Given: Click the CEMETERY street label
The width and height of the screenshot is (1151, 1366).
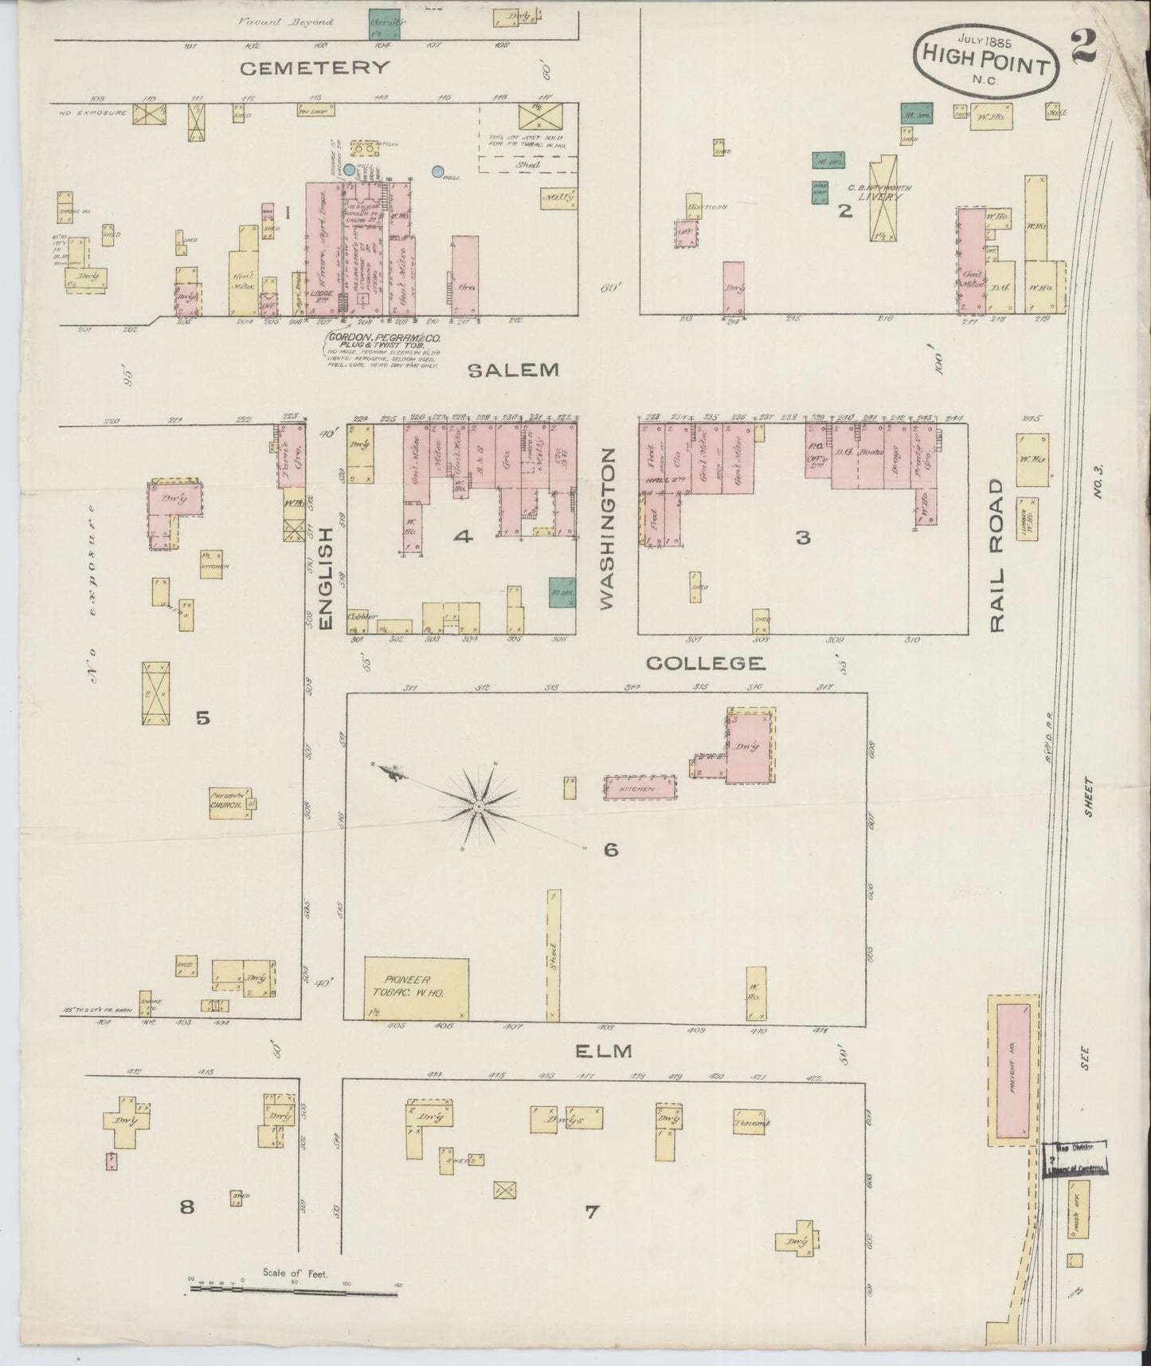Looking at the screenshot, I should pyautogui.click(x=315, y=68).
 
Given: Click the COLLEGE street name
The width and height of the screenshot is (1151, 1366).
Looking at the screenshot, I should pyautogui.click(x=705, y=663).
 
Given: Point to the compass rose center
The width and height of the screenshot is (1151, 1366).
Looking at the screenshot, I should pyautogui.click(x=478, y=807).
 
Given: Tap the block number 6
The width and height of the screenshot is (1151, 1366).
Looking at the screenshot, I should pyautogui.click(x=611, y=850).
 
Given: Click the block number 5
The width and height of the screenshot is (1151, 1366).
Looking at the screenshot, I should pyautogui.click(x=203, y=718).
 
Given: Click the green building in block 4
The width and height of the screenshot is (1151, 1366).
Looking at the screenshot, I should pyautogui.click(x=562, y=592).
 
